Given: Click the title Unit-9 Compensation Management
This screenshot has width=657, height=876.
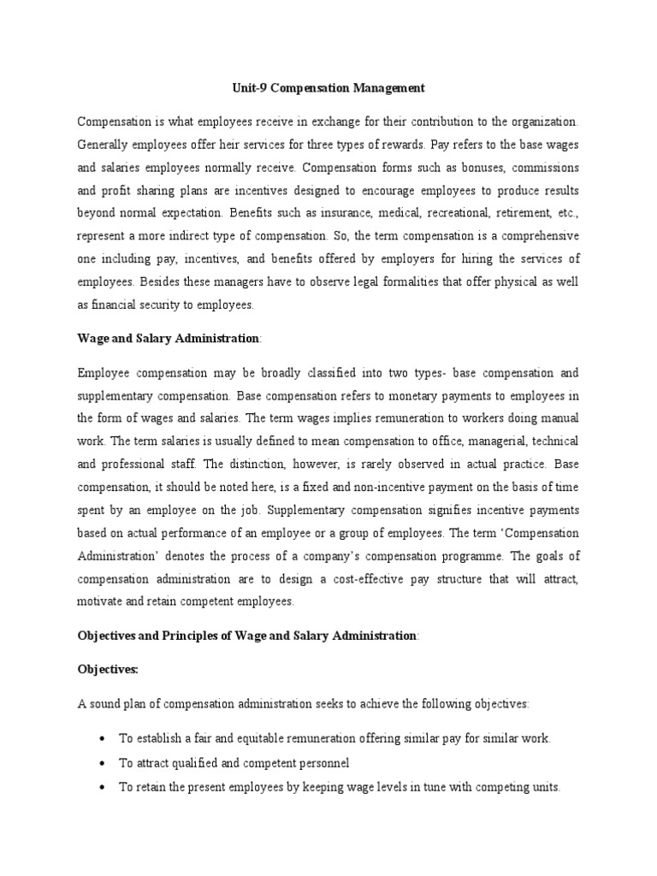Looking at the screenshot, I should point(328,87).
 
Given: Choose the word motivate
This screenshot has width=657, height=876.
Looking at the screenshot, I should point(102,601).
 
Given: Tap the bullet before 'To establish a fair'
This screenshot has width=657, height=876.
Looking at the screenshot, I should point(103,738).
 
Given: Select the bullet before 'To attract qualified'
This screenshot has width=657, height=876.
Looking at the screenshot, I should point(103,762).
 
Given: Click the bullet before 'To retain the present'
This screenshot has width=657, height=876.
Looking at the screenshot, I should point(103,786).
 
